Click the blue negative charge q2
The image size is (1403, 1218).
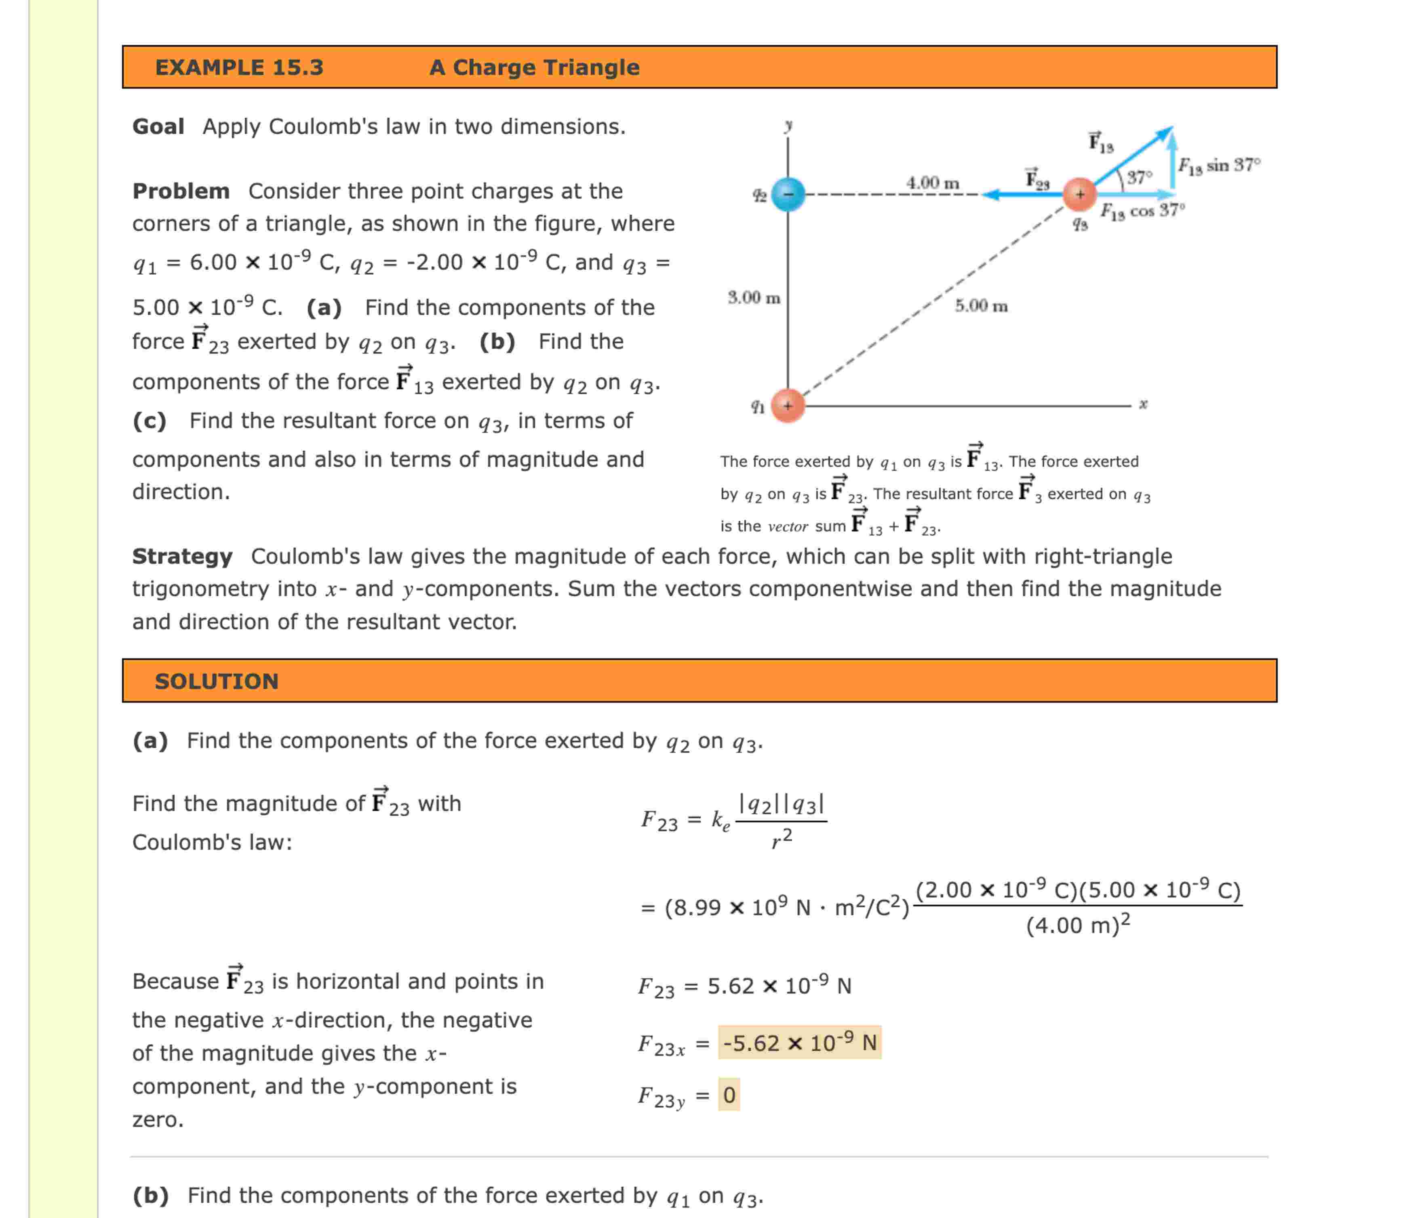[788, 194]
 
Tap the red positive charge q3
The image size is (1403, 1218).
[1079, 194]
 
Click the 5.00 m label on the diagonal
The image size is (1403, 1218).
[980, 306]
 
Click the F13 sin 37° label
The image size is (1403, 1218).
[1219, 165]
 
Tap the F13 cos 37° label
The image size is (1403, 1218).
[1143, 211]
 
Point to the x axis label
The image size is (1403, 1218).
[1143, 404]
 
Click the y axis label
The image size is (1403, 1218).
[788, 125]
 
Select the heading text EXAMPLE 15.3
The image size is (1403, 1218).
[239, 67]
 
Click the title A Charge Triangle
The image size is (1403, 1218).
[534, 67]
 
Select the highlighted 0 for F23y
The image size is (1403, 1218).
[729, 1095]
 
